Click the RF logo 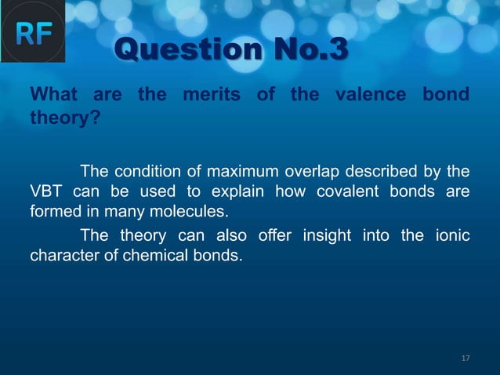pyautogui.click(x=33, y=33)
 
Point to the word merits pyautogui.click(x=213, y=96)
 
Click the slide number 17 pyautogui.click(x=465, y=359)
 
